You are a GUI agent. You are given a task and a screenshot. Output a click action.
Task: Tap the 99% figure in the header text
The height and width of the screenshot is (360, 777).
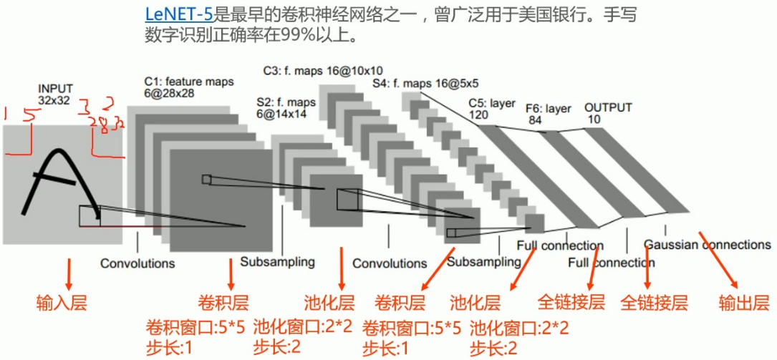[x=301, y=34]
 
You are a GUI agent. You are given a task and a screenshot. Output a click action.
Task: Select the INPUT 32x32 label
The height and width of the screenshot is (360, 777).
[x=55, y=94]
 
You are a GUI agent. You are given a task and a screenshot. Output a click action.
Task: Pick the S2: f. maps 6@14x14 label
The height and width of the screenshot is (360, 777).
[x=285, y=107]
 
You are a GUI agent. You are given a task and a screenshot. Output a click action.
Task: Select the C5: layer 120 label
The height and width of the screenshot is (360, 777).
[x=492, y=108]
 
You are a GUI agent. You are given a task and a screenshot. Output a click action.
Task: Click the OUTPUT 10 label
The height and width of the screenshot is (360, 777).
[x=608, y=113]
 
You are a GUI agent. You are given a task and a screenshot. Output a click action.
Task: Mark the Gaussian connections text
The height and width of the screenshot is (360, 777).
[x=707, y=245]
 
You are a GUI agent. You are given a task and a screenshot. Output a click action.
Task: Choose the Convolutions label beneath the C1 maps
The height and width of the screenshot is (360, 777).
[x=137, y=263]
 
